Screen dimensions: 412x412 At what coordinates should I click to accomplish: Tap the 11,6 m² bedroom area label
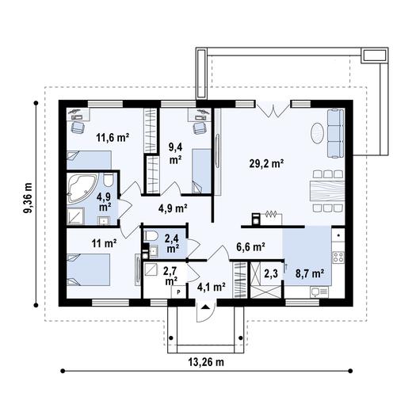point(113,137)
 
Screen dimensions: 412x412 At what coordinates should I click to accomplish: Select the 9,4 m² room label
point(176,151)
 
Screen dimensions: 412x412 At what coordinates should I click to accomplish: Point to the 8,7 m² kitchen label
point(310,273)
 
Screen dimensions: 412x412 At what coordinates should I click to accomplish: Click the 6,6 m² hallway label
point(250,247)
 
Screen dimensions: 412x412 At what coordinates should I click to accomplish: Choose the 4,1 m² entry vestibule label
point(212,287)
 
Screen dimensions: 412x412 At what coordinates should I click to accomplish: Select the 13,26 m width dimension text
point(207,362)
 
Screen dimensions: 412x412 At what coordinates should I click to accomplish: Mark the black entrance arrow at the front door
point(206,307)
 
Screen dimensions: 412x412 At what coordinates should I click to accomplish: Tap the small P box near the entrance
point(178,292)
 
